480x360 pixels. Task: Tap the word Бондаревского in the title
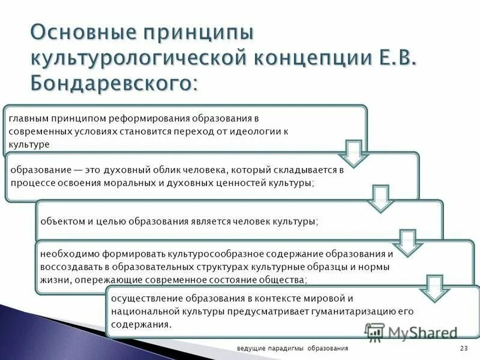click(x=112, y=82)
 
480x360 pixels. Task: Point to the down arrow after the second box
click(x=380, y=197)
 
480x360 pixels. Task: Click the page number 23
click(x=463, y=349)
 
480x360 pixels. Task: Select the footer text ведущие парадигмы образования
click(x=292, y=349)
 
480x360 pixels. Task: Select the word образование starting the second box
click(x=37, y=170)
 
